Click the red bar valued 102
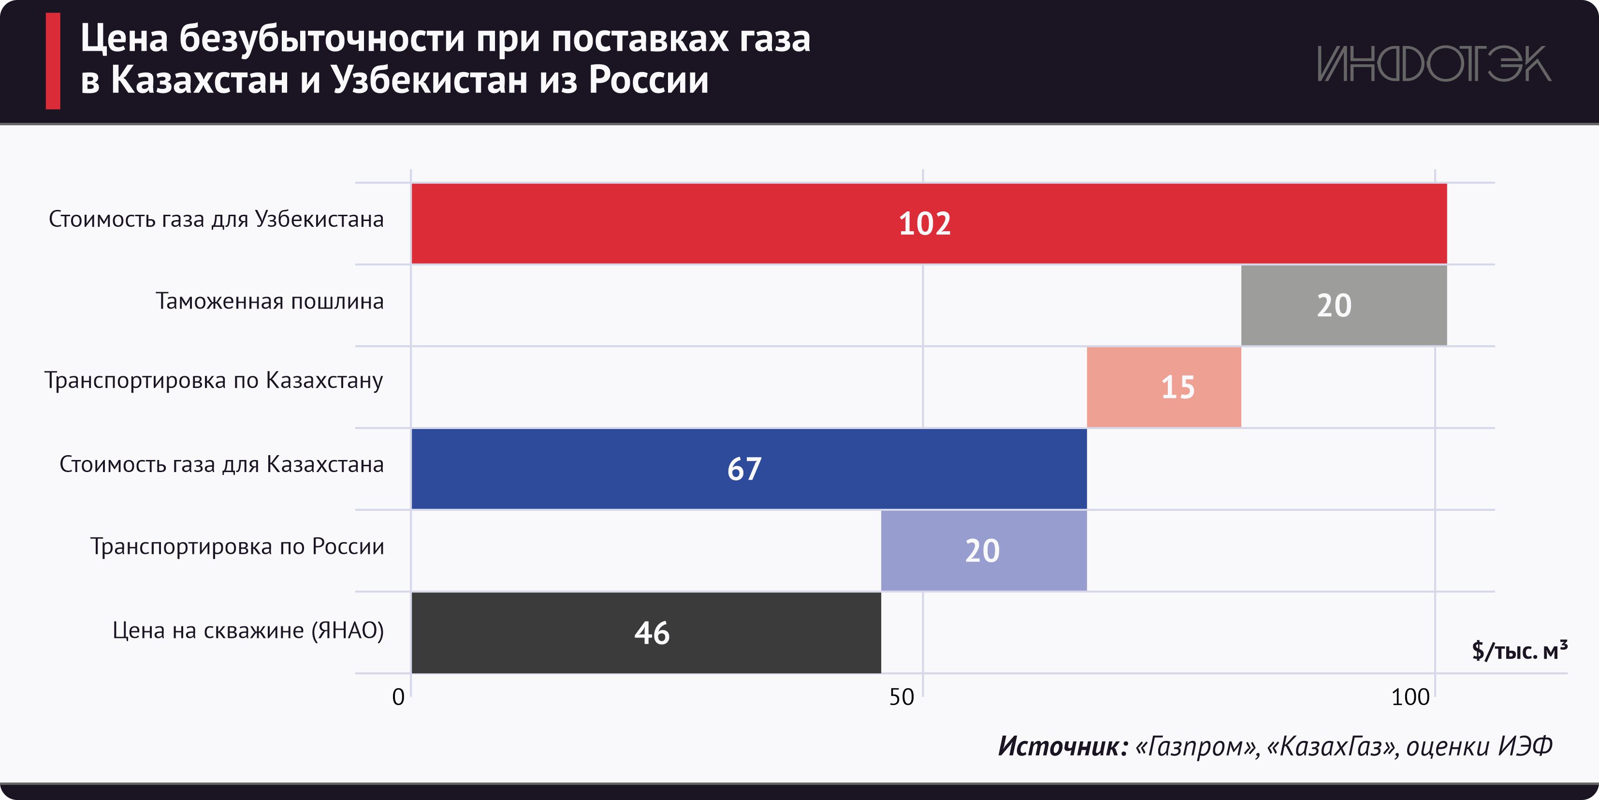(929, 223)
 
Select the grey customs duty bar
(1343, 306)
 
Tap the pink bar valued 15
(1163, 387)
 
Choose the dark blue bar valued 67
(749, 469)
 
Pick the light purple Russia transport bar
(983, 551)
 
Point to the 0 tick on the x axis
(398, 697)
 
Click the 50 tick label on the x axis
(901, 697)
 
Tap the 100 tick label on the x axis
(1410, 697)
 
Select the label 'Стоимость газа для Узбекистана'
(216, 219)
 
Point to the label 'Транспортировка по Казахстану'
(214, 381)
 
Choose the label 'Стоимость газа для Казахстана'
(221, 465)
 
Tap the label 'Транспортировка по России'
(237, 547)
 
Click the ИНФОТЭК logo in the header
(1434, 64)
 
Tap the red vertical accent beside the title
(53, 61)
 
